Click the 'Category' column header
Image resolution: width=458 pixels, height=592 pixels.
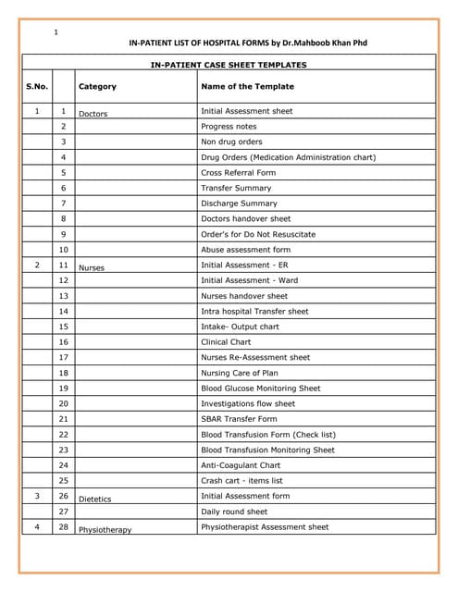(97, 87)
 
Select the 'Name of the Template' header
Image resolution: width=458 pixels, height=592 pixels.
(247, 86)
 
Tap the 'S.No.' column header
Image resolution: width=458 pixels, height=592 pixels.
(37, 86)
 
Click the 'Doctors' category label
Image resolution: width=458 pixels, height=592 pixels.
(93, 114)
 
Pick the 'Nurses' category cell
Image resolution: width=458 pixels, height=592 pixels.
(92, 268)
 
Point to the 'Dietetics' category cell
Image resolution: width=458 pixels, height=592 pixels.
(94, 499)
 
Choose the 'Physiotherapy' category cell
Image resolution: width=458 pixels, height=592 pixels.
(105, 530)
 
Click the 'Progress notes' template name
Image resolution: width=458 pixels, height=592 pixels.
(229, 127)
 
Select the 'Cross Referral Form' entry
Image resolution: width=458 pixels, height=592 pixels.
(238, 173)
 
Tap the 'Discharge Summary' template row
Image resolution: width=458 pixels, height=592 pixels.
(239, 203)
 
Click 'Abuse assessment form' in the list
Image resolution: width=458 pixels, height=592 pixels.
(245, 250)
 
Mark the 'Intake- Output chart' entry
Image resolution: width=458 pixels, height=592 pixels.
(240, 327)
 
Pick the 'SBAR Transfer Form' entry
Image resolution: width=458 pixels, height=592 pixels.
(239, 419)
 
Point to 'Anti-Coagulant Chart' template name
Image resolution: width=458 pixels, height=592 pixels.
(240, 465)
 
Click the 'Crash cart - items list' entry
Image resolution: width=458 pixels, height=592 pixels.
(241, 481)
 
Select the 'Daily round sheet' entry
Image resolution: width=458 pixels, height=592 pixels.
(234, 512)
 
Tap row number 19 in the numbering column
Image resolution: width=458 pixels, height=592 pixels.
(64, 388)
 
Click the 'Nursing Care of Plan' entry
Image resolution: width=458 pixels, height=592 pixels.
(240, 373)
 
